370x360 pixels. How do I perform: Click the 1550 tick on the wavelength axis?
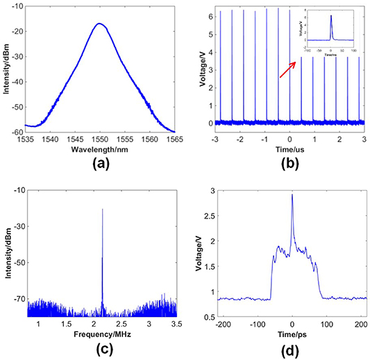(x=101, y=139)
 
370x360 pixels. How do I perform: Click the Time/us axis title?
(x=289, y=149)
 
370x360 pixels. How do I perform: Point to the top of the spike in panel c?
(x=103, y=208)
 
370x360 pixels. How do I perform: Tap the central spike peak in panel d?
(x=292, y=195)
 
